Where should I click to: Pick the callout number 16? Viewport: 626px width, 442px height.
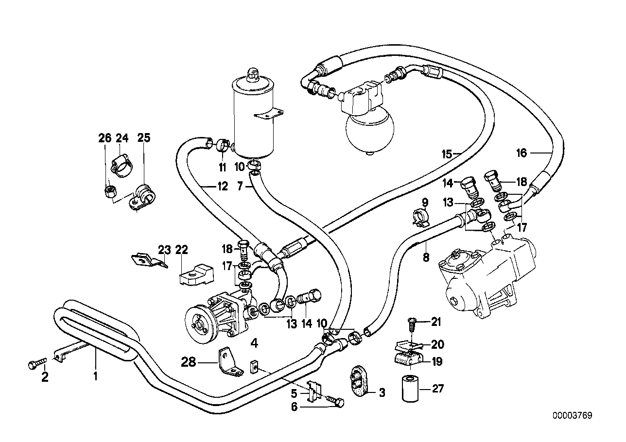click(x=522, y=153)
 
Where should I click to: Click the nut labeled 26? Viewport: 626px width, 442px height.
click(x=110, y=191)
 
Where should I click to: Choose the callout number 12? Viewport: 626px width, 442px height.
click(x=222, y=187)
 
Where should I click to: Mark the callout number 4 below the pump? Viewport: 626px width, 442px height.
click(x=254, y=344)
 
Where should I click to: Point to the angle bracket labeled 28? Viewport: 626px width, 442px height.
click(x=228, y=362)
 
